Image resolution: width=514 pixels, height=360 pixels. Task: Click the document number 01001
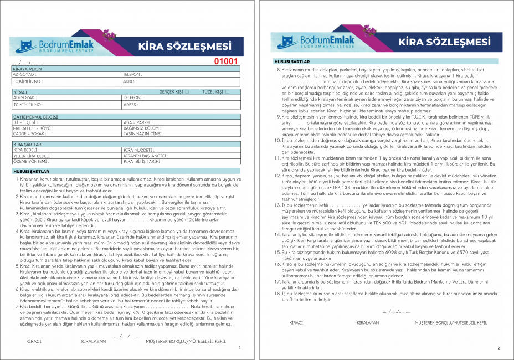226,61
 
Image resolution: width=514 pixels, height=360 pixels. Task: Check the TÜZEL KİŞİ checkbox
227,91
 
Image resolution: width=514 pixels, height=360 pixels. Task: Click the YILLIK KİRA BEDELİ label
32,156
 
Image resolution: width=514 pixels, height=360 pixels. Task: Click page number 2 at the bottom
498,348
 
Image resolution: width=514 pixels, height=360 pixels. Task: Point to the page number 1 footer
239,348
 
